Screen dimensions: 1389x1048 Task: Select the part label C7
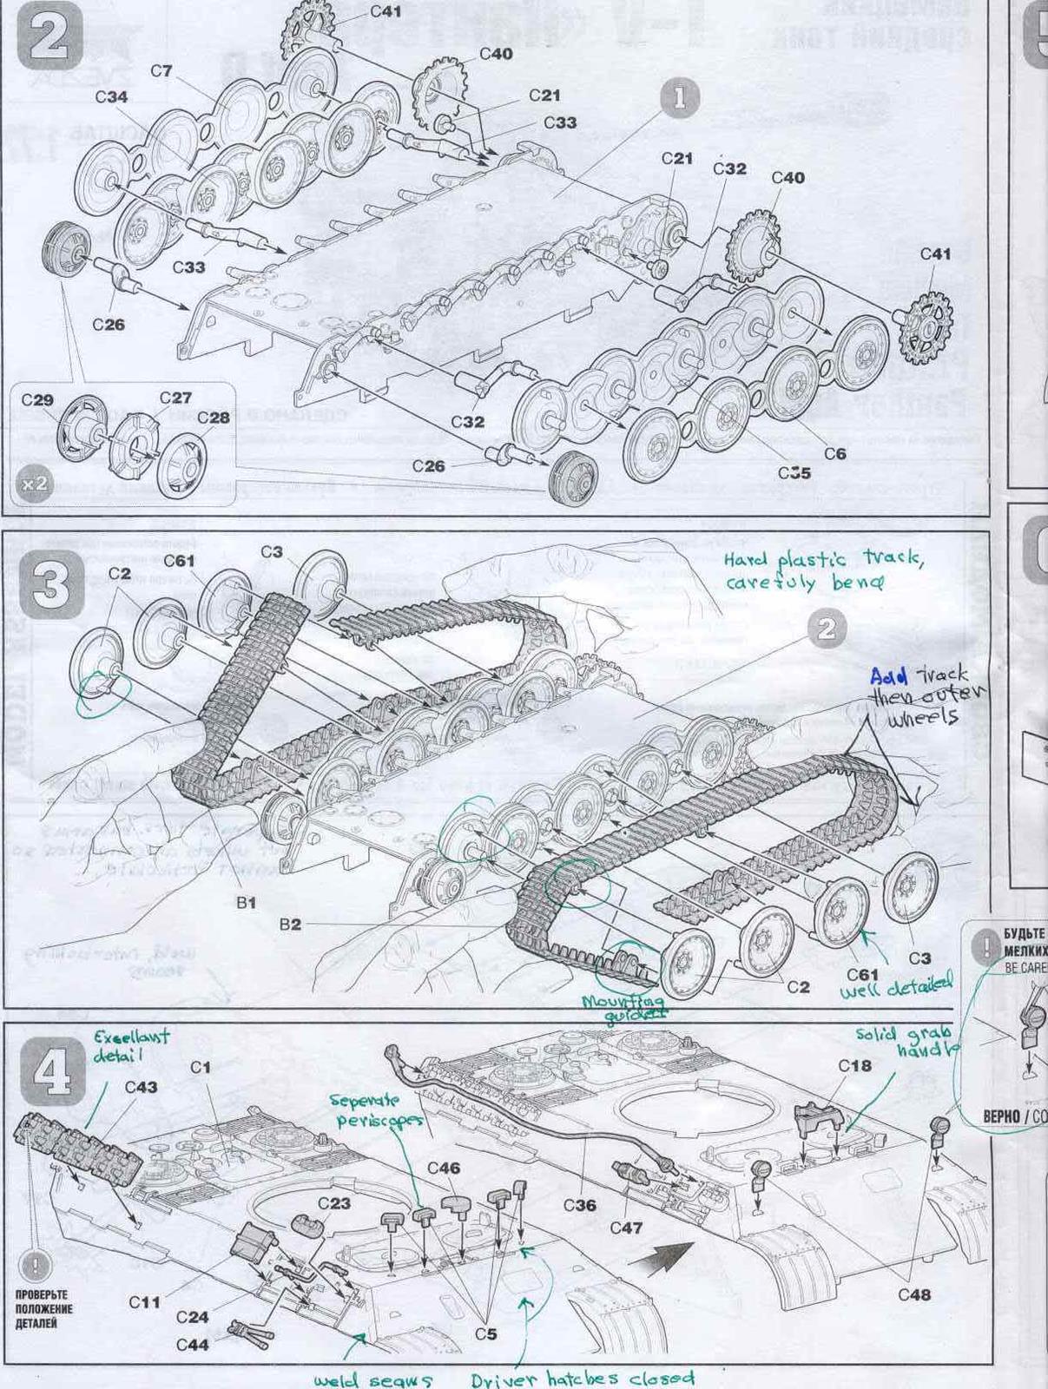161,71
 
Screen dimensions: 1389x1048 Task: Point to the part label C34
111,97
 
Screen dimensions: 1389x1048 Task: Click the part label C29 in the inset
37,400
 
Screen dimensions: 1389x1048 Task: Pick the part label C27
175,398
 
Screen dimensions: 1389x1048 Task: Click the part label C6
834,453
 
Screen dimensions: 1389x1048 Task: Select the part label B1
247,903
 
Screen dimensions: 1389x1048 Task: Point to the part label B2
290,925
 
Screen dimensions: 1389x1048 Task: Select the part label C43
141,1087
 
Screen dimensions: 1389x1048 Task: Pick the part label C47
626,1228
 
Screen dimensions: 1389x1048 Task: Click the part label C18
854,1065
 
